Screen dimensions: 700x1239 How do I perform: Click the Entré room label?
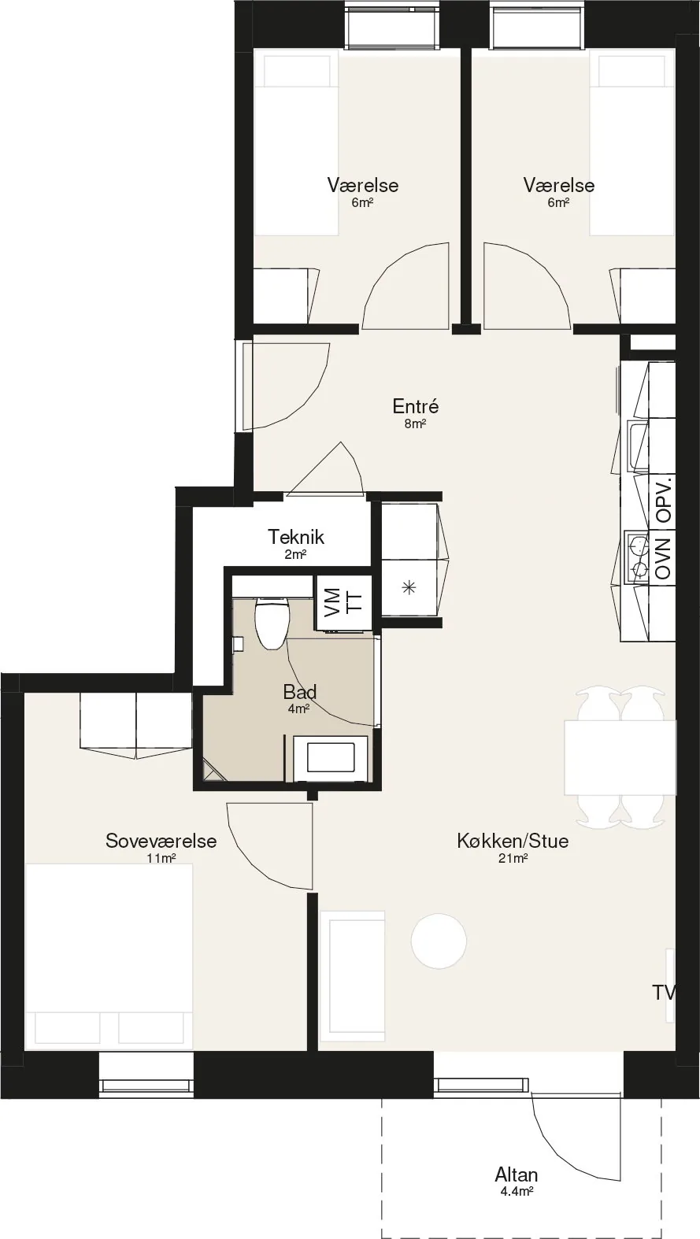pos(416,406)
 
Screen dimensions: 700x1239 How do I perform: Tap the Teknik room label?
pos(295,537)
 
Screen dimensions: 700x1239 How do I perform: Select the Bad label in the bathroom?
pos(299,692)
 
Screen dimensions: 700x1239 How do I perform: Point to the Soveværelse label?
pos(161,841)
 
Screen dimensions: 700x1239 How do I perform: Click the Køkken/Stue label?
pos(513,841)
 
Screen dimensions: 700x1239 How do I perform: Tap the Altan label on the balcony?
pos(517,1174)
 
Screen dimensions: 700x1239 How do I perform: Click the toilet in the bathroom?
pos(271,623)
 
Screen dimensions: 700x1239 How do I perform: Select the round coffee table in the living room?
pos(439,941)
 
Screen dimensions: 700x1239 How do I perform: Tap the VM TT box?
pos(343,602)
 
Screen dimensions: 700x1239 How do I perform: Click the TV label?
pos(664,993)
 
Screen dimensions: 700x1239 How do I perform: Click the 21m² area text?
pos(513,859)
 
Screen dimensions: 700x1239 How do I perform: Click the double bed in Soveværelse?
pos(109,956)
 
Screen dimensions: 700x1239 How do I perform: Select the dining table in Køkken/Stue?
pos(620,757)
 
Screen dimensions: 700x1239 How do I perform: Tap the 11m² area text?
pos(161,859)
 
